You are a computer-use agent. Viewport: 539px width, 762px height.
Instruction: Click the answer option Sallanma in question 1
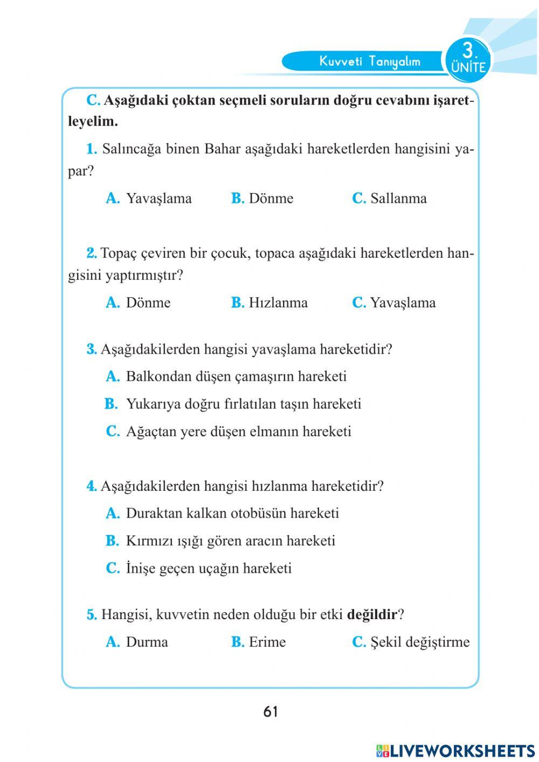pos(398,198)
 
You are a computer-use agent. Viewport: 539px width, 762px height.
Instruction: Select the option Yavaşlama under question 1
pos(158,198)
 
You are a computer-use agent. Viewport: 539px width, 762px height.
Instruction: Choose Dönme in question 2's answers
pos(148,303)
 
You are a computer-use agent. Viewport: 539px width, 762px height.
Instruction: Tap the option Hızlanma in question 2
pos(278,303)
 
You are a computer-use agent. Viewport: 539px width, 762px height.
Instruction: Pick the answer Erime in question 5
pos(267,642)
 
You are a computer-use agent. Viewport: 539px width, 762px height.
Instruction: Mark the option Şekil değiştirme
pos(419,642)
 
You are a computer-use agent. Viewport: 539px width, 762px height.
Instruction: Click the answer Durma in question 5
pos(147,642)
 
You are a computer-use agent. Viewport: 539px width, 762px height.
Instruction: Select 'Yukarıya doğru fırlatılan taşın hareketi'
pos(243,404)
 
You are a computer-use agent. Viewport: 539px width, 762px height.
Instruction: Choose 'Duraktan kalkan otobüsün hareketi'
pos(232,513)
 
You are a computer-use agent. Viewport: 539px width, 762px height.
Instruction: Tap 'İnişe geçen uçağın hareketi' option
pos(209,568)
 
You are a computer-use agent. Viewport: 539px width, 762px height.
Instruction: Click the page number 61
pos(271,712)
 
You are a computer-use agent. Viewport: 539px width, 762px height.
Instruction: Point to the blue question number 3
pos(91,349)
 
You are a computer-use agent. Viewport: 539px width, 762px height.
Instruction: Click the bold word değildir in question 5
pos(372,614)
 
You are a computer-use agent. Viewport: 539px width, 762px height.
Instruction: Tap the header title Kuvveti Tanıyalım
pos(369,61)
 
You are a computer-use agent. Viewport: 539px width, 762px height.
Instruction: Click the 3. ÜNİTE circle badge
pos(468,59)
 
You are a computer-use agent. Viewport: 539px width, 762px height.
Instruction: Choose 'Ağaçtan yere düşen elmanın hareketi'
pos(238,431)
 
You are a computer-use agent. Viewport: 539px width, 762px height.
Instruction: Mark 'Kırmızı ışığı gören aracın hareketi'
pos(230,540)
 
